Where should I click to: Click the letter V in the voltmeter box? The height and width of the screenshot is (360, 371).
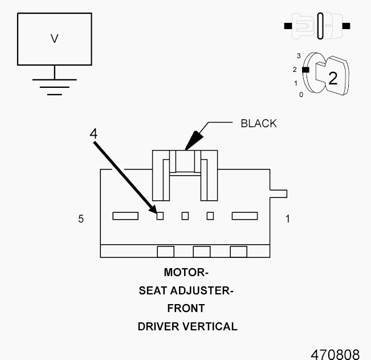[x=55, y=39]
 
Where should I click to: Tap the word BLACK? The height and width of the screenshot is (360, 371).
[x=258, y=123]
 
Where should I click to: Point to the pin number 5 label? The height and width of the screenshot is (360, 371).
[x=81, y=219]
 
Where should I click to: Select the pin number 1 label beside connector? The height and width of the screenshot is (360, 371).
[x=287, y=219]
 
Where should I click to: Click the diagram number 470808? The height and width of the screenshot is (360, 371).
[x=335, y=354]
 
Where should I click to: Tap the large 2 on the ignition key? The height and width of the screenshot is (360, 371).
[x=332, y=78]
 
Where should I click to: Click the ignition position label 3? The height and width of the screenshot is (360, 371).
[x=299, y=56]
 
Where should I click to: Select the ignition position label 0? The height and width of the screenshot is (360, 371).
[x=301, y=95]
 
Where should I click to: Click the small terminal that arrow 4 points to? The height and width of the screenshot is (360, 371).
[x=160, y=216]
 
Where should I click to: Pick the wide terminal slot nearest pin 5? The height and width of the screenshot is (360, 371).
[x=125, y=216]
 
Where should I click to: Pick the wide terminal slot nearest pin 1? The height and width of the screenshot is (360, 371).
[x=244, y=216]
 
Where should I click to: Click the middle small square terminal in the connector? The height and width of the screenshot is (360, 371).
[x=185, y=216]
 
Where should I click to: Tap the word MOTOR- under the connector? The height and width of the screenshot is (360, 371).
[x=186, y=272]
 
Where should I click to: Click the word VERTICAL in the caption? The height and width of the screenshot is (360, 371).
[x=209, y=327]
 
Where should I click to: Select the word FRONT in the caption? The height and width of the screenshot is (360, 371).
[x=186, y=309]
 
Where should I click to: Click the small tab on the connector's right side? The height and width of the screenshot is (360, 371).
[x=279, y=193]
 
